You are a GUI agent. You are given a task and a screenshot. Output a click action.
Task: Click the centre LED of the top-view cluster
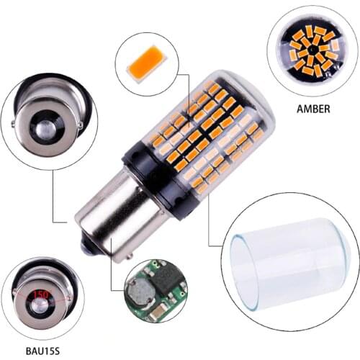click(311, 52)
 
